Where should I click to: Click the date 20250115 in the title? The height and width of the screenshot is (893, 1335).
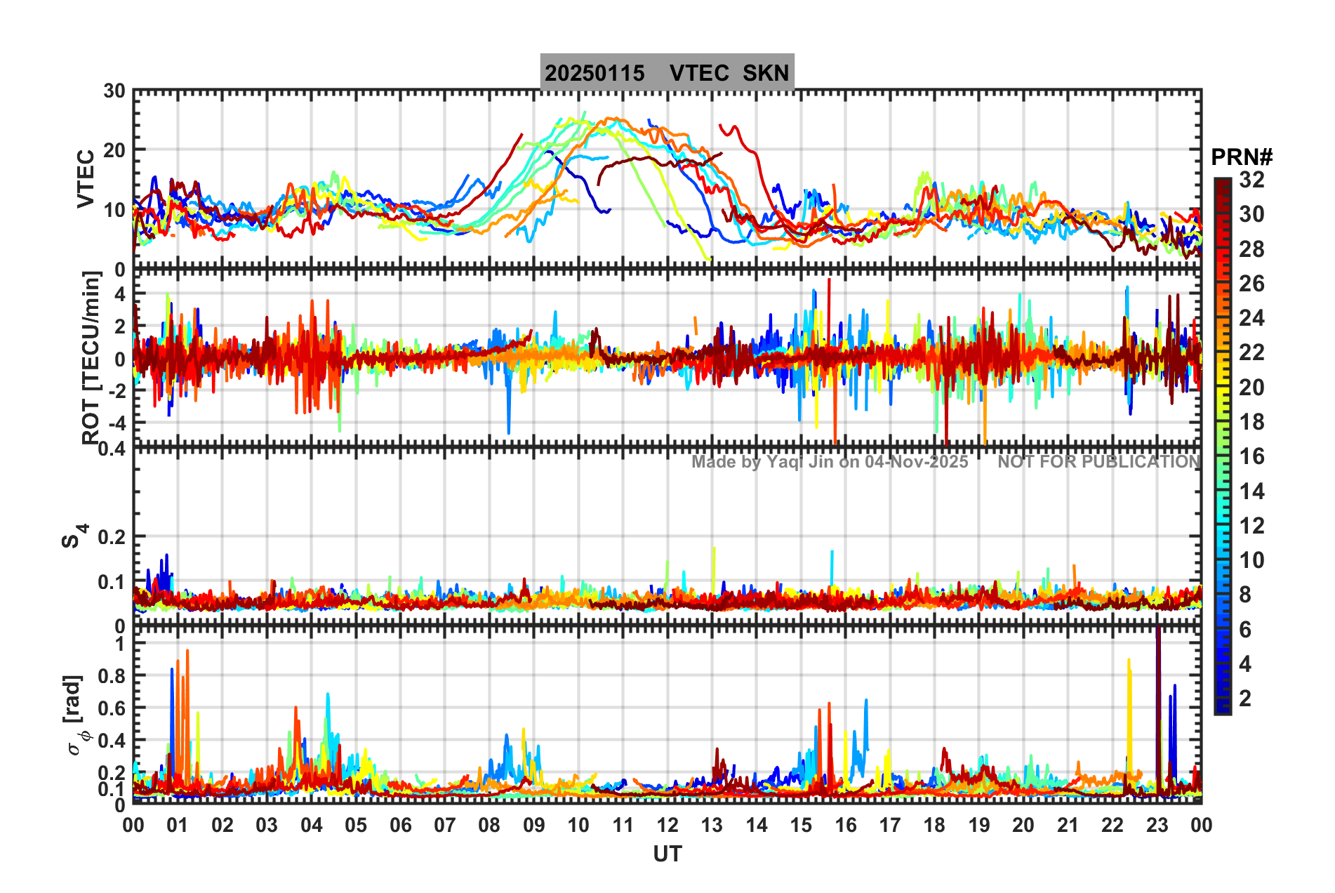click(595, 73)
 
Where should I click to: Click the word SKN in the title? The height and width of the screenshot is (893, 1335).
click(766, 73)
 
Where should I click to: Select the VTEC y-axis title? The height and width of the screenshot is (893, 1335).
click(86, 179)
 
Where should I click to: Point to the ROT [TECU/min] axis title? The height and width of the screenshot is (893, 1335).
click(91, 358)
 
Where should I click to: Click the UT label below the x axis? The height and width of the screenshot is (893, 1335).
click(667, 854)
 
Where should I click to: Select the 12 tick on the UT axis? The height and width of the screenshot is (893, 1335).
click(667, 825)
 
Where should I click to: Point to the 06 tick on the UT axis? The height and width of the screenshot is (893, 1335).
click(400, 825)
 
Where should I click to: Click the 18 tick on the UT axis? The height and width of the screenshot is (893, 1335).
click(934, 825)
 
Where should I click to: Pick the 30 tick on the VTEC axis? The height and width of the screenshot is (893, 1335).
click(114, 91)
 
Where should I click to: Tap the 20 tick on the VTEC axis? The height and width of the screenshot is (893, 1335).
click(114, 150)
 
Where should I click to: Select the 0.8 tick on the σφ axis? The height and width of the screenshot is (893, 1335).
click(111, 676)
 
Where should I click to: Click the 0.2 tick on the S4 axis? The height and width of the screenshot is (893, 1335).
click(111, 537)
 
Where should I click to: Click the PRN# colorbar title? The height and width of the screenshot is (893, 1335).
click(1242, 157)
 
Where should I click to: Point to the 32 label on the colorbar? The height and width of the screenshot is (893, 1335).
click(1251, 180)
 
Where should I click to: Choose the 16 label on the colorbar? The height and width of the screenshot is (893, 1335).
click(1251, 457)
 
